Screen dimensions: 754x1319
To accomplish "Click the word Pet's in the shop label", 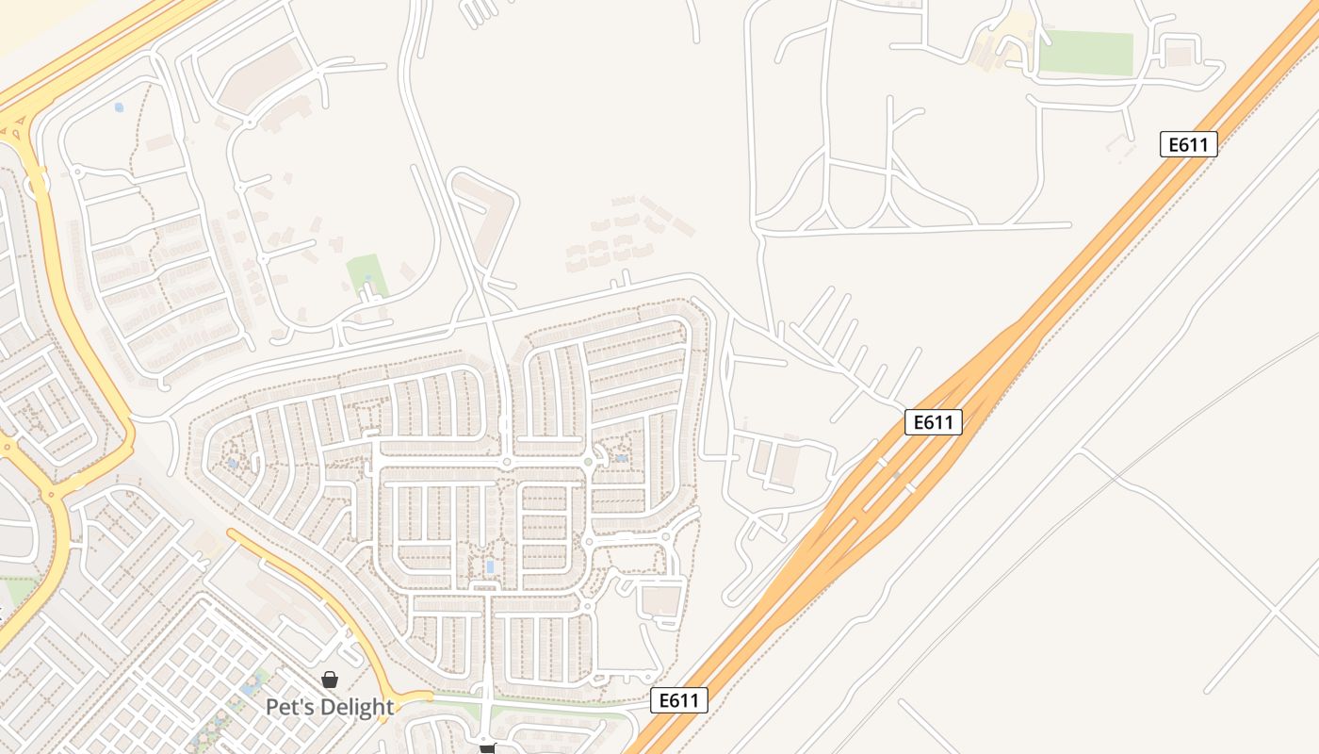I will tap(289, 707).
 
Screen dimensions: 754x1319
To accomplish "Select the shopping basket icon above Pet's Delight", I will tap(330, 680).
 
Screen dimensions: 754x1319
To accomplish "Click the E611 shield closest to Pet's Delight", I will tap(678, 700).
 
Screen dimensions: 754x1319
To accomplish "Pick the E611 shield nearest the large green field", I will tap(1189, 144).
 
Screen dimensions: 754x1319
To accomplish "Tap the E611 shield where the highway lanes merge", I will tap(933, 422).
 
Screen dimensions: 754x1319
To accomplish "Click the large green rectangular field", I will tap(1085, 53).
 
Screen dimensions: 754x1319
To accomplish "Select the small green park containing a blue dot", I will tap(366, 274).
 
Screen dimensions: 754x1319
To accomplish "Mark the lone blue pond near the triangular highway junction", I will tap(119, 107).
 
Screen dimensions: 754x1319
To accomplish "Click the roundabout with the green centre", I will tap(588, 462).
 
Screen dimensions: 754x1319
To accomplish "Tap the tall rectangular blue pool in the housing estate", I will tap(490, 566).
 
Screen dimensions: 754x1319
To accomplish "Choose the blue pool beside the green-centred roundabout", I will tap(621, 458).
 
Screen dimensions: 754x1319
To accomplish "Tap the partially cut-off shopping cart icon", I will tap(487, 748).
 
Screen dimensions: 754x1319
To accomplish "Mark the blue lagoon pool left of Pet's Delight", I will tap(252, 686).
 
